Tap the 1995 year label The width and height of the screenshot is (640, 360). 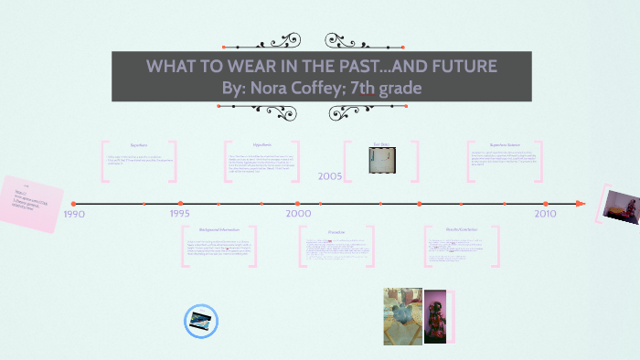[181, 213]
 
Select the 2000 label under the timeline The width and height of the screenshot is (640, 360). [298, 213]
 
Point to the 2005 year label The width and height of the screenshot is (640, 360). [331, 176]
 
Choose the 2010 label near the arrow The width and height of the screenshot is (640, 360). [545, 213]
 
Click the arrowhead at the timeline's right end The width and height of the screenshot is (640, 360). [580, 203]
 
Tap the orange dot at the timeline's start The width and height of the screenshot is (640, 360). [74, 203]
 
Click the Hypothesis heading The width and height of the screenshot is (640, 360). [262, 144]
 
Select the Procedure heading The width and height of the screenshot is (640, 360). [336, 231]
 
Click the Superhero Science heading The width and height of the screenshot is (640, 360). [505, 144]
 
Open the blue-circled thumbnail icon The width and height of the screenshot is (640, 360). [200, 321]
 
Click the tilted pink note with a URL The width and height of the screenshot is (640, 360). [32, 203]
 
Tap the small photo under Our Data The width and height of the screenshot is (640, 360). [381, 161]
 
